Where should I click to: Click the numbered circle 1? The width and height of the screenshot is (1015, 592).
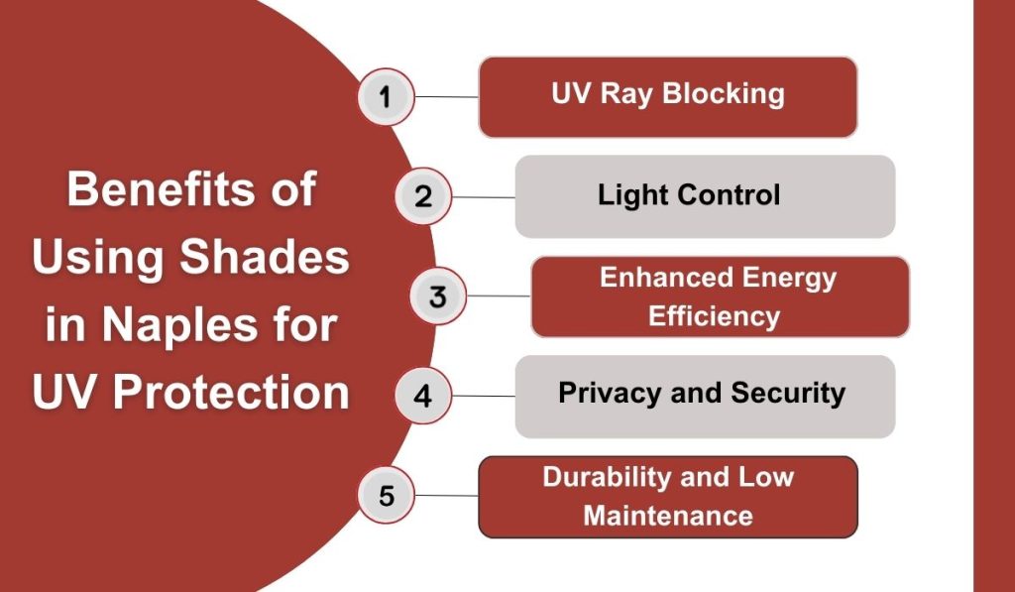click(x=386, y=96)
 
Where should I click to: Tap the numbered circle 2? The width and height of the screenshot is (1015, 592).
click(x=423, y=196)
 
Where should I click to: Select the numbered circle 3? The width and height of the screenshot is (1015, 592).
click(x=439, y=296)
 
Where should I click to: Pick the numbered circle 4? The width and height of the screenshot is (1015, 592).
click(x=423, y=396)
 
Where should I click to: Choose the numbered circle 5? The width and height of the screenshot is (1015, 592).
click(x=386, y=495)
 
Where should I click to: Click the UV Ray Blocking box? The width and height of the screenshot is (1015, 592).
click(x=667, y=96)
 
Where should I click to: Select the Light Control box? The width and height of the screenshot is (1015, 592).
click(x=705, y=196)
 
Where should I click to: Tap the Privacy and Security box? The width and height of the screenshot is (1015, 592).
click(x=705, y=396)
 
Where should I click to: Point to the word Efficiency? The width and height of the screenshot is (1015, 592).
click(x=714, y=316)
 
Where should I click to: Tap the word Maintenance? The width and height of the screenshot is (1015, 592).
click(x=667, y=516)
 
